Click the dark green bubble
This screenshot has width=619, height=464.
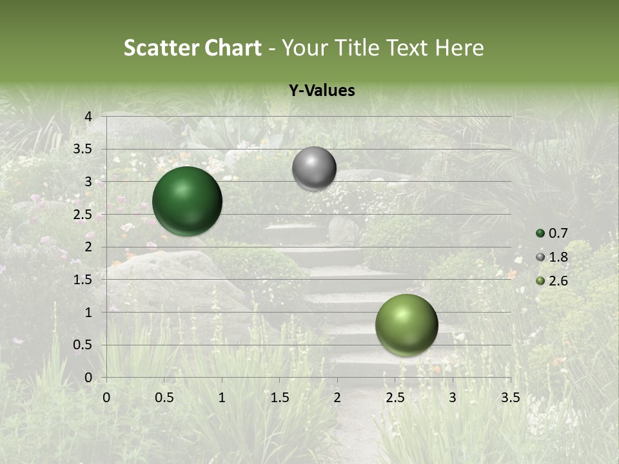click(187, 201)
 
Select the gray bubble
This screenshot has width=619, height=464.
click(314, 169)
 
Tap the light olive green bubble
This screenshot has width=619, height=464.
click(406, 325)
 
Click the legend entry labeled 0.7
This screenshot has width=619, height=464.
click(558, 233)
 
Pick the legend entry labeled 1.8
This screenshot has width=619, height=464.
click(558, 257)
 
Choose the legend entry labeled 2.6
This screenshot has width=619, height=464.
click(558, 281)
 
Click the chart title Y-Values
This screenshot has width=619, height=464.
click(321, 91)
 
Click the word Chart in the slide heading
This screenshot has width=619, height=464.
click(233, 48)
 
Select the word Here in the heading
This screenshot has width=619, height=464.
click(460, 48)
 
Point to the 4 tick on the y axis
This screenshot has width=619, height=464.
click(88, 116)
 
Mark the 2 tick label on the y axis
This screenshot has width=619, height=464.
click(88, 247)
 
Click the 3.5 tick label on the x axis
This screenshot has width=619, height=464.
click(510, 398)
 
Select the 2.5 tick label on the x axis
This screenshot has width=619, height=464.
click(395, 398)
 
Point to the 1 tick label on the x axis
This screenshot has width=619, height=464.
click(222, 398)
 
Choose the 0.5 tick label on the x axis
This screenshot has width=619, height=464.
click(164, 398)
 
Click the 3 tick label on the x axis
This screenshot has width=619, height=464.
click(453, 398)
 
